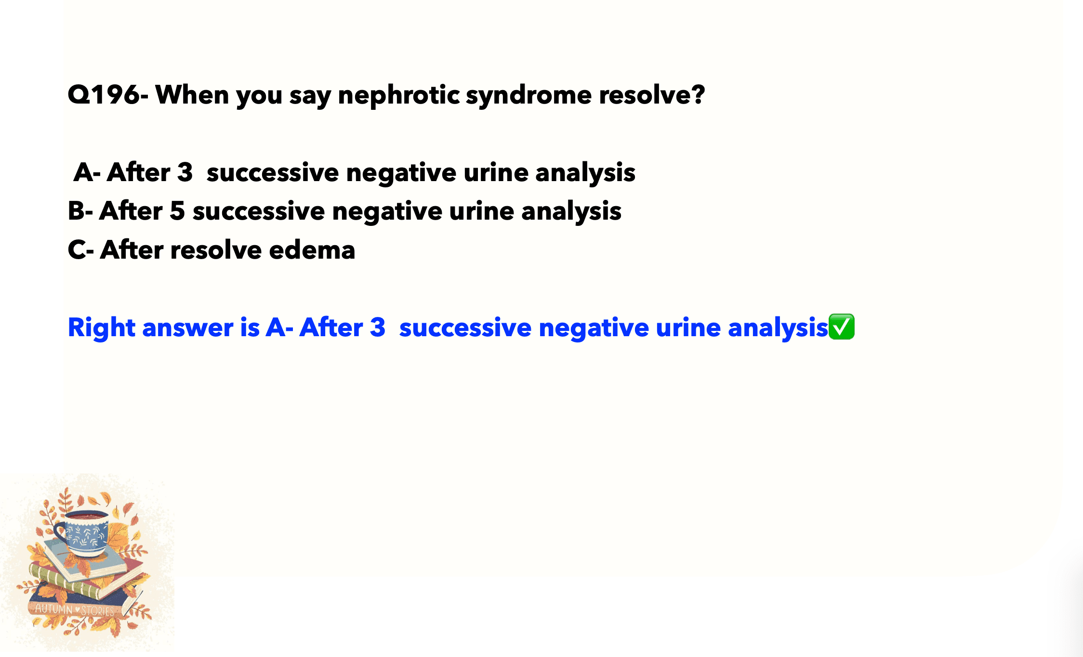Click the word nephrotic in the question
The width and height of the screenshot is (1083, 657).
click(399, 95)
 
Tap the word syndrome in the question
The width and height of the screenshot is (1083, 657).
click(528, 95)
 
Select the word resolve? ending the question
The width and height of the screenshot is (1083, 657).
click(652, 94)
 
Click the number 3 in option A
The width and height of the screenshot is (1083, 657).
click(185, 172)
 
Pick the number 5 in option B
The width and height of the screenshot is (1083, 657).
click(177, 211)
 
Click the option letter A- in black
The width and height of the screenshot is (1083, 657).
click(87, 172)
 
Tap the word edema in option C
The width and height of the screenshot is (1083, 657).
click(312, 250)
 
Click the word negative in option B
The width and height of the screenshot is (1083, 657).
click(387, 211)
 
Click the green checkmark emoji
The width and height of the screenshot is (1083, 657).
click(841, 327)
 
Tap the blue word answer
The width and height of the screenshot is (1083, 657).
click(188, 328)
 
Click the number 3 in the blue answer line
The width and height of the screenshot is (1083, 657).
click(378, 327)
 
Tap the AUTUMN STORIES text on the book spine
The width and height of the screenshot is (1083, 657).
click(75, 610)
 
